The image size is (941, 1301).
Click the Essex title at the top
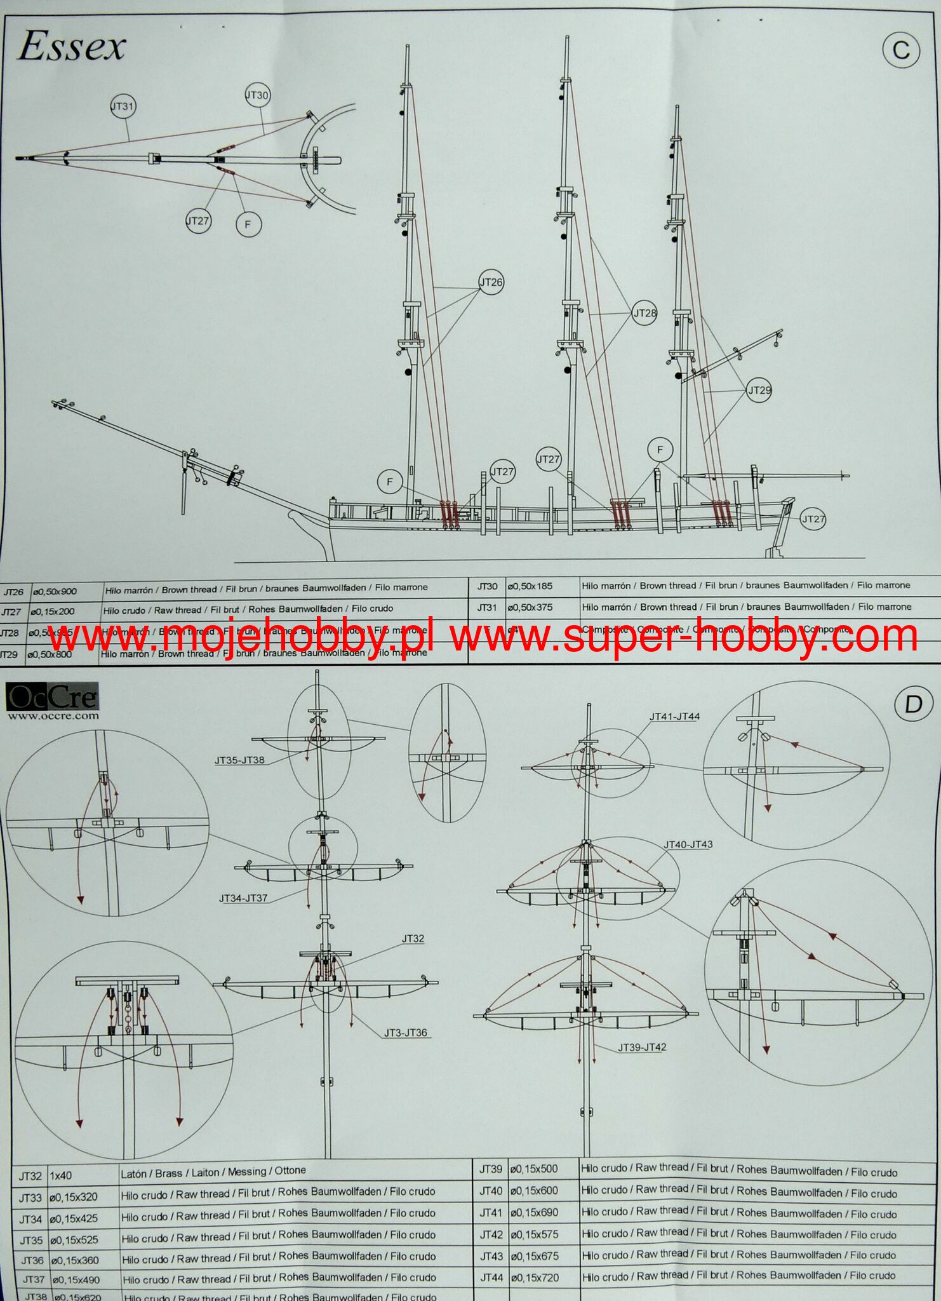point(71,48)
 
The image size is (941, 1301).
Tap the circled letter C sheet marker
point(901,50)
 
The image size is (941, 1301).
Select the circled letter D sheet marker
point(912,705)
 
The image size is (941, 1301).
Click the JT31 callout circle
point(123,106)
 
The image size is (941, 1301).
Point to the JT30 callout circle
point(257,95)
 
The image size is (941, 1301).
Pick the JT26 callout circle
point(491,283)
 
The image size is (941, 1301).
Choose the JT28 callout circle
point(644,313)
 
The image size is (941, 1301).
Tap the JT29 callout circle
point(759,390)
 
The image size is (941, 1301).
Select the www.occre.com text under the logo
point(53,715)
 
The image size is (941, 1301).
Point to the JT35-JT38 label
point(239,760)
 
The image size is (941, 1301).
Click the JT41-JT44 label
point(674,717)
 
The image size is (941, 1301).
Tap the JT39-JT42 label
point(642,1047)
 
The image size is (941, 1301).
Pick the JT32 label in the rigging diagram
point(413,938)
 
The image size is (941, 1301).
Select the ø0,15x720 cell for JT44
point(535,1276)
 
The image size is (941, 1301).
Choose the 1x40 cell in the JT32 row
point(61,1176)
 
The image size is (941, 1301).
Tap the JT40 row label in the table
point(491,1191)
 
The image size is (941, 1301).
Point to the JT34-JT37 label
point(244,898)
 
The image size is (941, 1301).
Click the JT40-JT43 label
point(688,844)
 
